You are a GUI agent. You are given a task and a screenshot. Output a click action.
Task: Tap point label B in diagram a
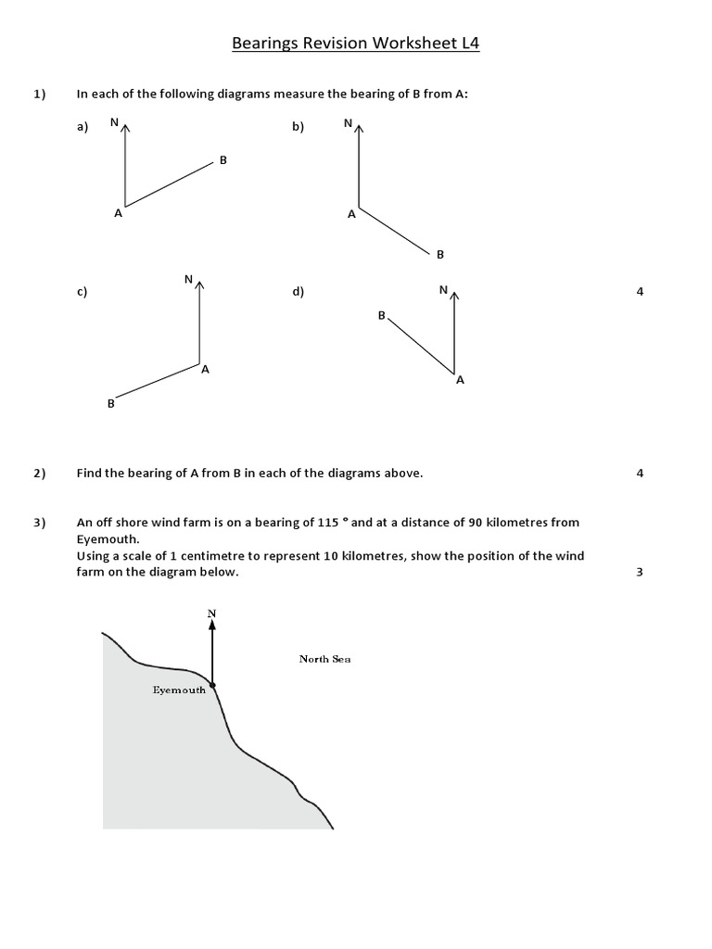tap(223, 161)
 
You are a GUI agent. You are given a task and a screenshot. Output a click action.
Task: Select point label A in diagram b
tap(351, 214)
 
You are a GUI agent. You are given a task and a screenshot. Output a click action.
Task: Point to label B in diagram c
tap(111, 403)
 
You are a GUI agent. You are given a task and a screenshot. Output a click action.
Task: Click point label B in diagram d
tap(381, 316)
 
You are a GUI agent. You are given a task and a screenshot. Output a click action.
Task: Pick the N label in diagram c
tap(188, 279)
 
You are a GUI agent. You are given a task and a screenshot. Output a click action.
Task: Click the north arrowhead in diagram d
tap(454, 294)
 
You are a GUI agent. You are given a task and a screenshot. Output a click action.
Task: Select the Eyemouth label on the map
tap(179, 690)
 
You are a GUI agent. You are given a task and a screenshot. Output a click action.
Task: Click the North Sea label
tap(324, 659)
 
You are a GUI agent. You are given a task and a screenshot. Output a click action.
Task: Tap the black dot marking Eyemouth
tap(213, 686)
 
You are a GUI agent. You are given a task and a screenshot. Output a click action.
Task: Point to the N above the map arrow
tap(212, 613)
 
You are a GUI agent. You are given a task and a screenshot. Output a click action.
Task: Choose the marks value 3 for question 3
tap(640, 572)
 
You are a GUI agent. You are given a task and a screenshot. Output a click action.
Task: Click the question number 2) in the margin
tap(39, 474)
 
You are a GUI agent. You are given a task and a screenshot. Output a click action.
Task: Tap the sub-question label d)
tap(298, 292)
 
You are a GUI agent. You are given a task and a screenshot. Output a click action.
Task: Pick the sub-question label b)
tap(298, 128)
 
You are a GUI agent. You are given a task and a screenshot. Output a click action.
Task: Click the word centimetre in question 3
tap(235, 555)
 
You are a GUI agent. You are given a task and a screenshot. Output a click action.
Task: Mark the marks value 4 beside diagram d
tap(640, 292)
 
